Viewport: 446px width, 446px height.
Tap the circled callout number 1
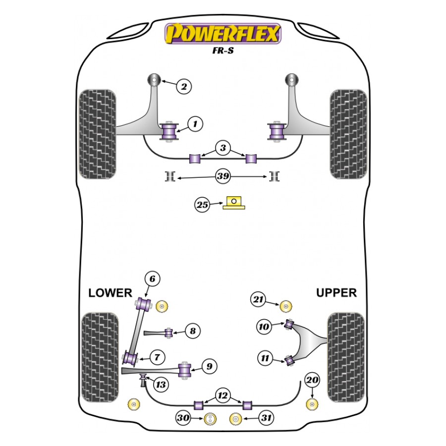point(195,123)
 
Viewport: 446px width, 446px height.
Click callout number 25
point(202,205)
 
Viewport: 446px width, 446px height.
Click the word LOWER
point(110,293)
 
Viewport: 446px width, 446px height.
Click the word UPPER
point(336,293)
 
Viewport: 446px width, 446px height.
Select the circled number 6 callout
point(152,279)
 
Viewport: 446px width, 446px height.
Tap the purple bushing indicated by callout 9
point(186,370)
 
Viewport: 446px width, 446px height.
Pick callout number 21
point(258,299)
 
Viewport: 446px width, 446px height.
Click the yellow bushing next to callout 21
point(285,306)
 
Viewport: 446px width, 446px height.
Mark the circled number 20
point(312,380)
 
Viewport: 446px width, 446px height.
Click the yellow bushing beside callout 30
point(211,419)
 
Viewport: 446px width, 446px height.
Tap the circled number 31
point(267,419)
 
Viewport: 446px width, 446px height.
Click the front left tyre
point(98,134)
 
